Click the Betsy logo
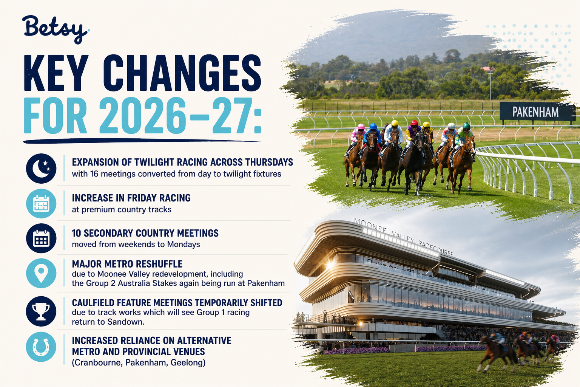pyautogui.click(x=56, y=29)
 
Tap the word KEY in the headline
pyautogui.click(x=55, y=73)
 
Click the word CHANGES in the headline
pyautogui.click(x=182, y=73)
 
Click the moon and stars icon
pyautogui.click(x=41, y=169)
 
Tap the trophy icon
pyautogui.click(x=41, y=311)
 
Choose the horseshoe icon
pyautogui.click(x=41, y=347)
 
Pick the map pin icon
pyautogui.click(x=41, y=273)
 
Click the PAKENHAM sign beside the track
pyautogui.click(x=535, y=112)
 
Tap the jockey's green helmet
pyautogui.click(x=466, y=125)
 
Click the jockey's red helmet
pyautogui.click(x=414, y=123)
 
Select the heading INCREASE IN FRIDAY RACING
pyautogui.click(x=131, y=198)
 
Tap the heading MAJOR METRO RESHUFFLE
pyautogui.click(x=127, y=264)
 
